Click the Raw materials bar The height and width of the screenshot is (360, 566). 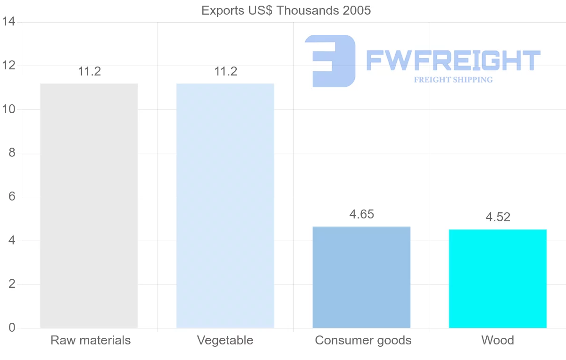click(89, 206)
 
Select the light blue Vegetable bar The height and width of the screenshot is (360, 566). click(225, 206)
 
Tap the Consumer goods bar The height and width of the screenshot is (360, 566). click(361, 277)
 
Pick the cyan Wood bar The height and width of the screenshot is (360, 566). click(498, 278)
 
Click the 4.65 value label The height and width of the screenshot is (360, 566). click(361, 214)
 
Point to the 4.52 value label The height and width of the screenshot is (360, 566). click(498, 217)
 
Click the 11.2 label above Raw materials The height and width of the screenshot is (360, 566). click(90, 72)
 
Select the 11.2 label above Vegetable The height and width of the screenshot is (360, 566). click(225, 72)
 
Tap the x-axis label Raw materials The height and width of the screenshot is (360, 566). click(91, 340)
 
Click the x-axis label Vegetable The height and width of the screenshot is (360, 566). click(225, 340)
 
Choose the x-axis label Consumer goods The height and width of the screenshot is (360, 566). click(363, 340)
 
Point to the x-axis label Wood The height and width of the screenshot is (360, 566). click(498, 340)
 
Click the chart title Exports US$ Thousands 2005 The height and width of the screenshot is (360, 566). click(286, 10)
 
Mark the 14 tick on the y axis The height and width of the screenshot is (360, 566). click(8, 22)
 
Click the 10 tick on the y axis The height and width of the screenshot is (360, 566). click(8, 109)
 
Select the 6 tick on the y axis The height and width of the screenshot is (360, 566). click(12, 197)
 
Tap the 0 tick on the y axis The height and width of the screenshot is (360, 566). click(12, 328)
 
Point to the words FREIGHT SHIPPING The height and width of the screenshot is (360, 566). click(453, 80)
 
